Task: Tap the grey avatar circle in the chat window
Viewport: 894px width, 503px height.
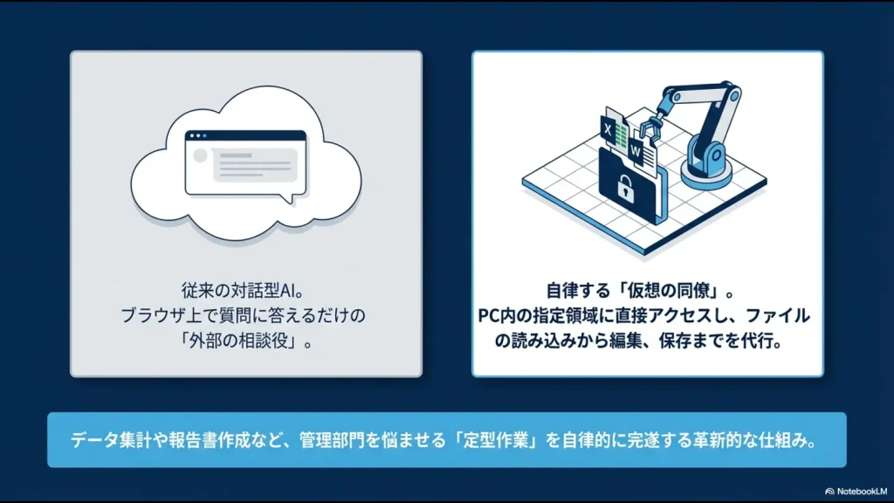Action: click(x=200, y=155)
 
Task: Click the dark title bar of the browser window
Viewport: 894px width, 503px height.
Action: click(x=245, y=136)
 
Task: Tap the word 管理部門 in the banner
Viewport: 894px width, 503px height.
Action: click(x=333, y=439)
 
